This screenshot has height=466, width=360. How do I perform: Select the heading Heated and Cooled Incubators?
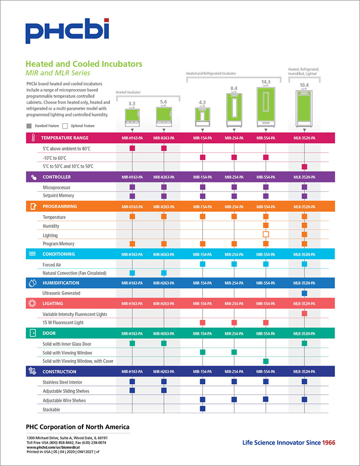click(x=84, y=64)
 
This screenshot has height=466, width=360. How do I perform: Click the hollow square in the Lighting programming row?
click(x=266, y=234)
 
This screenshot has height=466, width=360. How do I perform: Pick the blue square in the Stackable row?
click(x=202, y=408)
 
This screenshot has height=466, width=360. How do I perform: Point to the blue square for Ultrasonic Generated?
click(x=304, y=293)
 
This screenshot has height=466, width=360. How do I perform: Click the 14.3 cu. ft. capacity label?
click(x=266, y=82)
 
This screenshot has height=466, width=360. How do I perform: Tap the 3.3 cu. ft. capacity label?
click(x=132, y=103)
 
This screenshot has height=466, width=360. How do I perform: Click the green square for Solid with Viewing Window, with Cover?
click(x=266, y=361)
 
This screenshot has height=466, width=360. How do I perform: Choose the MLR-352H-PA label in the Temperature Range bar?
click(x=304, y=138)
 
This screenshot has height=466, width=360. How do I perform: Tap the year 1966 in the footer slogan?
click(x=328, y=442)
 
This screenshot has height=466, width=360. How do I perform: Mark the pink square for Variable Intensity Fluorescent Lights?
click(x=304, y=313)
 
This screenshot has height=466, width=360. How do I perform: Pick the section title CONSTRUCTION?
click(x=59, y=371)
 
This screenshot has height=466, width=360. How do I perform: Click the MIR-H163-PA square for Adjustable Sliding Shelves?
click(x=132, y=390)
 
